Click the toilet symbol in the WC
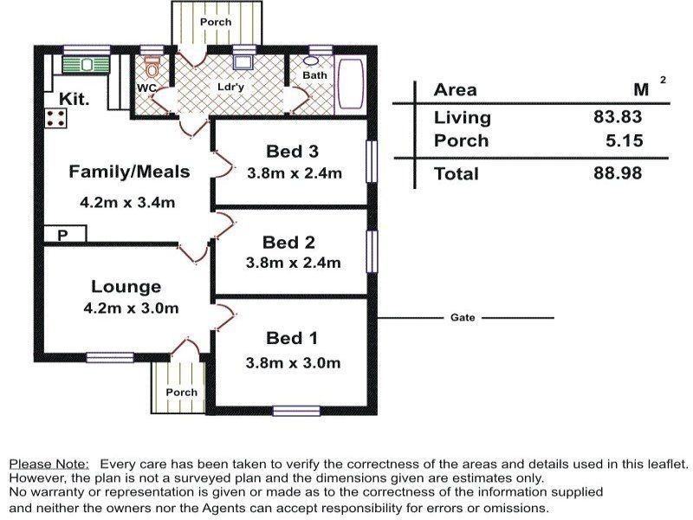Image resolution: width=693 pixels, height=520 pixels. pyautogui.click(x=152, y=67)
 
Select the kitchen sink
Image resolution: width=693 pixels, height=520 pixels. pyautogui.click(x=86, y=65)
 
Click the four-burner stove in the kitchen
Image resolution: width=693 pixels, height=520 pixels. pyautogui.click(x=56, y=119)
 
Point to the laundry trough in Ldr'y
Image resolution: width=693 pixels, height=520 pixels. pyautogui.click(x=243, y=62)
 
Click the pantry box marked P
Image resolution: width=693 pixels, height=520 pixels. pyautogui.click(x=65, y=234)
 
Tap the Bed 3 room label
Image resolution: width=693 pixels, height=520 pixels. pyautogui.click(x=292, y=152)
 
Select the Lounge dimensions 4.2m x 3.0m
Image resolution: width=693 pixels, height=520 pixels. pyautogui.click(x=131, y=308)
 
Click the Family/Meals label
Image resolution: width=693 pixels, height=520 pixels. pyautogui.click(x=129, y=172)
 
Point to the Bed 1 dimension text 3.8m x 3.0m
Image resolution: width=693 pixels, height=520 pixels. pyautogui.click(x=293, y=363)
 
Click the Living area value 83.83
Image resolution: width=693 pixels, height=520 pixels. pyautogui.click(x=618, y=117)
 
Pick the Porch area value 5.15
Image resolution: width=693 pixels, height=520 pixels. pyautogui.click(x=624, y=140)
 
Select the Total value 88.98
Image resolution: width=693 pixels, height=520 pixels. pyautogui.click(x=618, y=172)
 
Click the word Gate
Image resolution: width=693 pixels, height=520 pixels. pyautogui.click(x=463, y=317)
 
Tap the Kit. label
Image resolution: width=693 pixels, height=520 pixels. pyautogui.click(x=74, y=99)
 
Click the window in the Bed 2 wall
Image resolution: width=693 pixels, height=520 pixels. pyautogui.click(x=372, y=251)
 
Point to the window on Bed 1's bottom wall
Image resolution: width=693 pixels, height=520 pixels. pyautogui.click(x=296, y=411)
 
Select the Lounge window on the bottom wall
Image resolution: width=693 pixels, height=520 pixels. pyautogui.click(x=110, y=357)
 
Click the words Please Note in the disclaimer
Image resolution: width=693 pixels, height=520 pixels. pyautogui.click(x=49, y=465)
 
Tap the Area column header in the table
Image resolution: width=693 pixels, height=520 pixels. pyautogui.click(x=456, y=90)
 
